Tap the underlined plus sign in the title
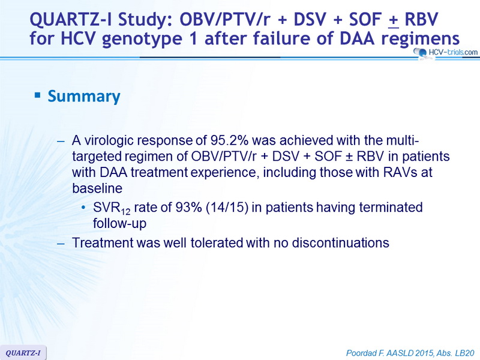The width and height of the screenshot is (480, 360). (x=394, y=20)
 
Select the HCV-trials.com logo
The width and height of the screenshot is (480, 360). (x=445, y=53)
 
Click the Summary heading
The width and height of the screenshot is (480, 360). (x=84, y=96)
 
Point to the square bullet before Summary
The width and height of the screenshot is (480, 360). (x=38, y=95)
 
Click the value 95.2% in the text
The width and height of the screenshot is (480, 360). (x=229, y=140)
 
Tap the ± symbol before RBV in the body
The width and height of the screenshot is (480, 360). (x=349, y=157)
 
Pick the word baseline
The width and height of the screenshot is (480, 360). (x=97, y=188)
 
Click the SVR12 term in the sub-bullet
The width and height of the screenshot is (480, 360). (x=112, y=208)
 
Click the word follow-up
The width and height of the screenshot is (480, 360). (x=119, y=223)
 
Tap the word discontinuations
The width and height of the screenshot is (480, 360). (x=340, y=243)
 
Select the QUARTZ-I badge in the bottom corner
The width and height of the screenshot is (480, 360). (x=23, y=353)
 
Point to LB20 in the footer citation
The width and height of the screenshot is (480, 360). (x=464, y=353)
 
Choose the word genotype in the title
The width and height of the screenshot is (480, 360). (x=142, y=39)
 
